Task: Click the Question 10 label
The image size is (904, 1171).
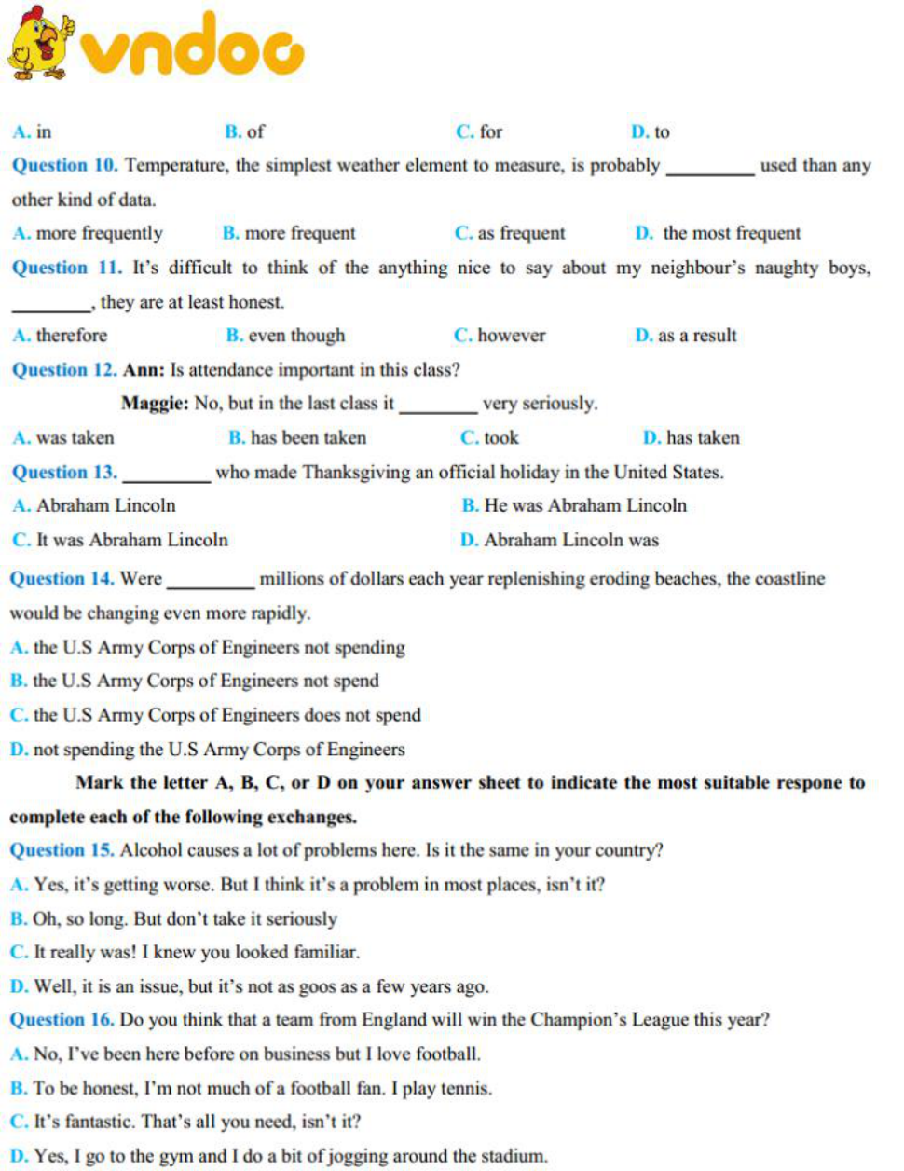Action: (64, 166)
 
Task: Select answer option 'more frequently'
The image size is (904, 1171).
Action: (99, 233)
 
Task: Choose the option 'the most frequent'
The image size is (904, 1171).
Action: (731, 233)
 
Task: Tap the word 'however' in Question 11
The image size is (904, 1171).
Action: (511, 336)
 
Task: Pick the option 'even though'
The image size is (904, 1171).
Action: (295, 336)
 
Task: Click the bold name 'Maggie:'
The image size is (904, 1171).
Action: (155, 404)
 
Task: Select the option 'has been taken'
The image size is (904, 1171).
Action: (308, 438)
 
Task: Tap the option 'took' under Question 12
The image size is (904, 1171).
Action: (500, 438)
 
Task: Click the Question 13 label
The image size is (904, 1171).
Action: (64, 473)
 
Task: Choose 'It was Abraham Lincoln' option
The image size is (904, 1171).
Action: (130, 540)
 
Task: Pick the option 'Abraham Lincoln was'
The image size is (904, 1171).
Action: (570, 540)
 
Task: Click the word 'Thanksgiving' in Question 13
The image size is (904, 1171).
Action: (356, 473)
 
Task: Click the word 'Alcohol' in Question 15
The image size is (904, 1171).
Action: (151, 850)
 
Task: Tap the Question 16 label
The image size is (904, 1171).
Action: (62, 1020)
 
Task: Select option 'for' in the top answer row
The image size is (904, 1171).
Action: (490, 132)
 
